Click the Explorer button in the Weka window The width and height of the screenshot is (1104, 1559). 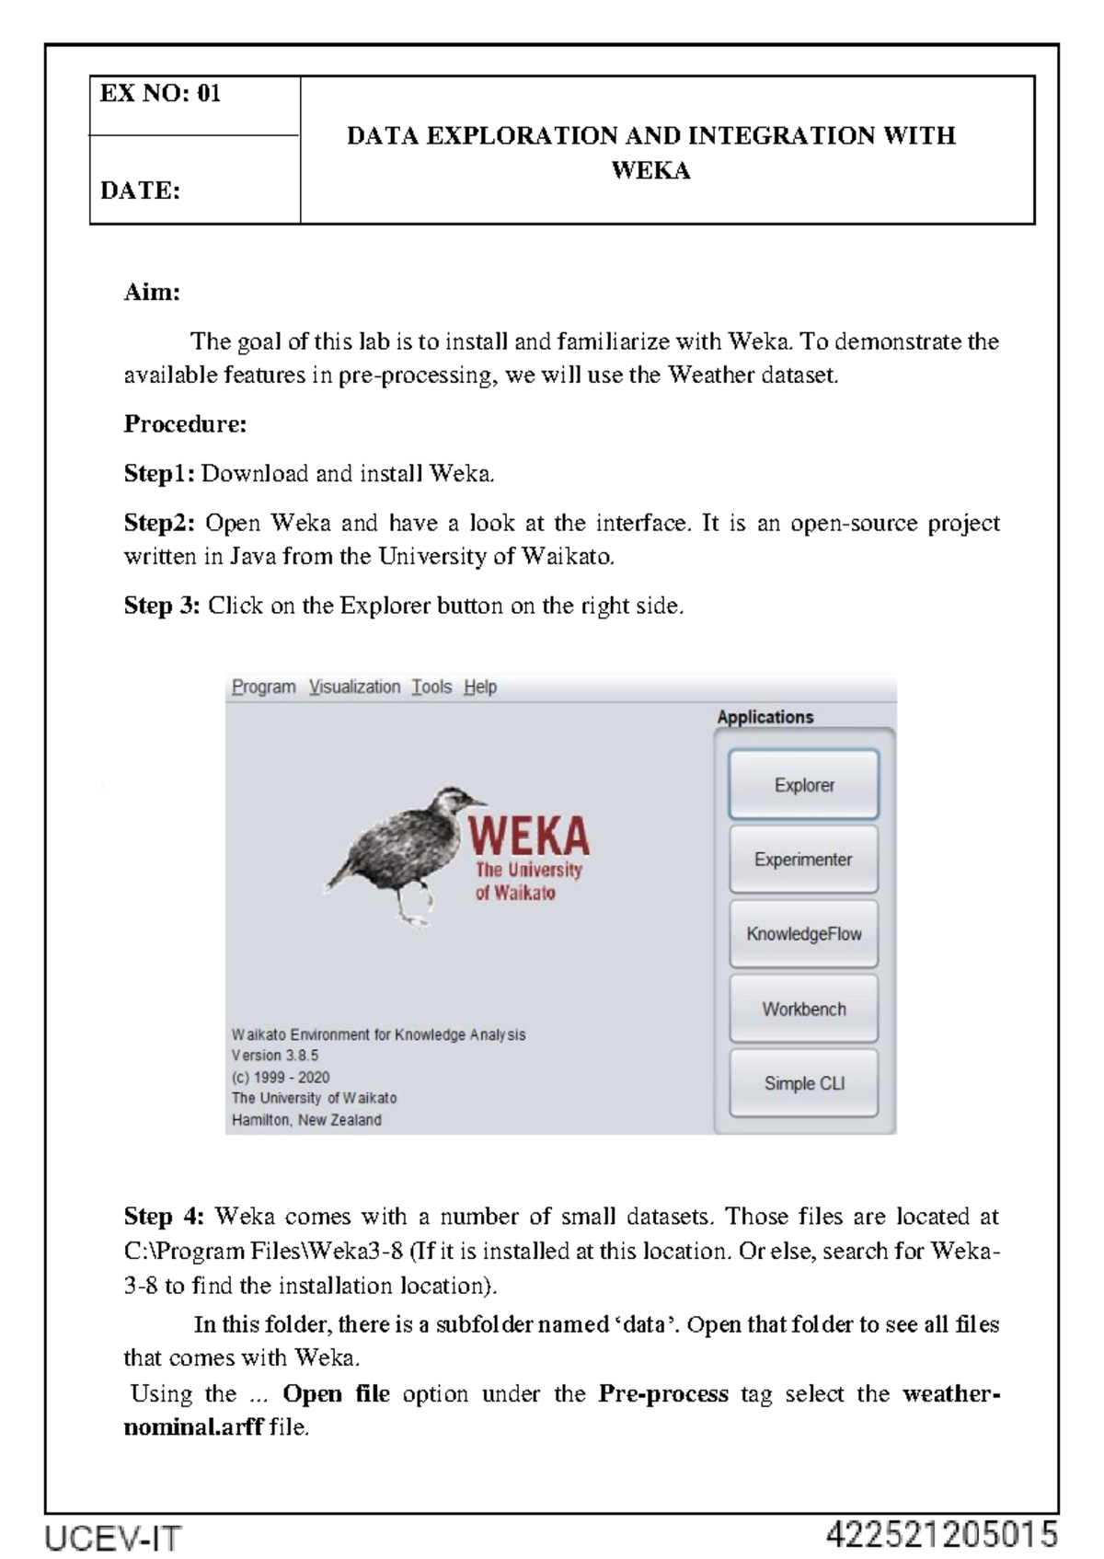point(803,785)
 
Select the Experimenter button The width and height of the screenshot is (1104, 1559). point(803,860)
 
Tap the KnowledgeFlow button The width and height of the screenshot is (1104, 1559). point(803,934)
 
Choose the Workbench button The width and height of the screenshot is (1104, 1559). point(803,1009)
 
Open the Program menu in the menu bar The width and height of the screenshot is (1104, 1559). point(263,687)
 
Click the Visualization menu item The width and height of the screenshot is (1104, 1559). point(354,687)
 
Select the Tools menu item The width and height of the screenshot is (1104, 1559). point(431,687)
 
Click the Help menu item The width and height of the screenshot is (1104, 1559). point(480,687)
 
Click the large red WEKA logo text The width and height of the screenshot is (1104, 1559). point(529,836)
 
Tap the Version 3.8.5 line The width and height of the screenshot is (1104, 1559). point(275,1056)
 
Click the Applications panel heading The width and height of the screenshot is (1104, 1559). point(765,717)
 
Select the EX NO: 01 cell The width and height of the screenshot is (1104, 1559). point(161,94)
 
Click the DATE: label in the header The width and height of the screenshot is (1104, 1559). point(140,191)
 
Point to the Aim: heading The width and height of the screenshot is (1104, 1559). point(152,293)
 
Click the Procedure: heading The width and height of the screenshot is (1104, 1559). point(185,424)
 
